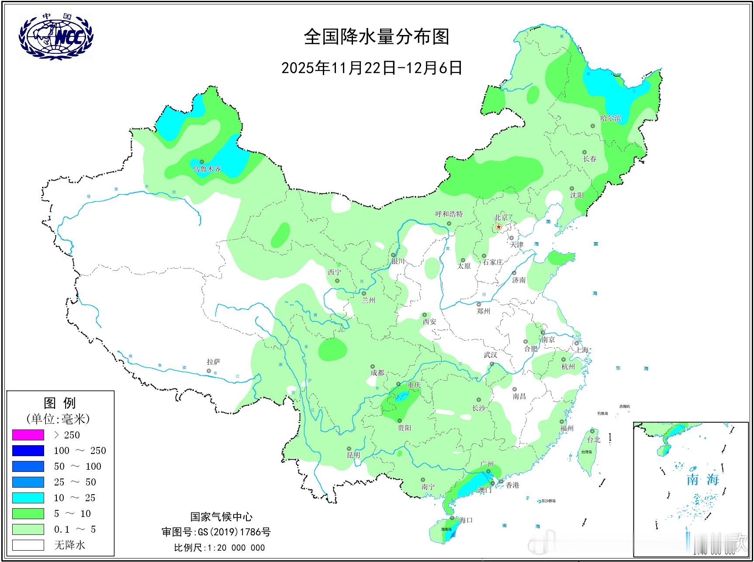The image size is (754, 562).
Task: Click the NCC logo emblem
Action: point(56,35)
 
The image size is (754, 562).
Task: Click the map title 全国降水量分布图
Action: point(377,37)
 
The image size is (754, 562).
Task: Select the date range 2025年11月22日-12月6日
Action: point(372,68)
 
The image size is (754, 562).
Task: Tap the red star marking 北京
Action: point(499,227)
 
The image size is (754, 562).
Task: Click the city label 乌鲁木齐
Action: point(208,169)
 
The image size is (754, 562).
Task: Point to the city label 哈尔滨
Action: point(610,118)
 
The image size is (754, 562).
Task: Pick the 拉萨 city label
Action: point(214,362)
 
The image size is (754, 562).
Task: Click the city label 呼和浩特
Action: point(449,214)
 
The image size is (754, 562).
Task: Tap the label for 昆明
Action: point(353,455)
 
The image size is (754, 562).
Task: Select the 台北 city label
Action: point(594,440)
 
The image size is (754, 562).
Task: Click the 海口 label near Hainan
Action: point(466,520)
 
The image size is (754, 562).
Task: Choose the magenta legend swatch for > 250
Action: point(28,435)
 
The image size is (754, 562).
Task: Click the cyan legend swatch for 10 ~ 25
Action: point(28,498)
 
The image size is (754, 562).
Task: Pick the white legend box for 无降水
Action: point(28,545)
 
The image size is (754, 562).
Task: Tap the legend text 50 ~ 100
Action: point(77,466)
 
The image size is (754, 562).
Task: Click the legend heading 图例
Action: point(60,402)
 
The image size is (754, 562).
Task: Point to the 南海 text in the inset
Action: point(702,480)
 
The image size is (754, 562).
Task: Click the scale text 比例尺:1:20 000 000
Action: point(219,548)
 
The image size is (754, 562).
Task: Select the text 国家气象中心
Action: point(221,517)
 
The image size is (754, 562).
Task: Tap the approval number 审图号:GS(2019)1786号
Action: point(216,532)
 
